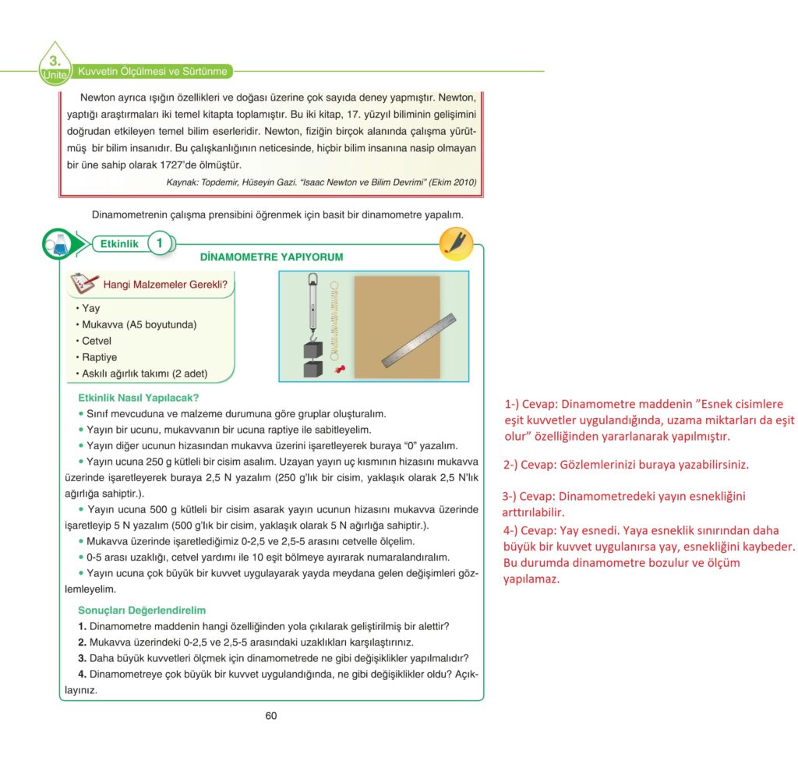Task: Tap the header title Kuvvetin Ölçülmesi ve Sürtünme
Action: (153, 72)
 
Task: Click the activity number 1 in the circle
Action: (159, 243)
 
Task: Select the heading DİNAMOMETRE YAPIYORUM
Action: (271, 257)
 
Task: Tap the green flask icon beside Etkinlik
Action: (58, 243)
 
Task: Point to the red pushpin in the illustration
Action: (339, 369)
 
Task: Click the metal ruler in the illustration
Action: (418, 340)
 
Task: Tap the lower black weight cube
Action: (312, 369)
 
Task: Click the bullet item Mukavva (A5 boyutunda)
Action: (139, 324)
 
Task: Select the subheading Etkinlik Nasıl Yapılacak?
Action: (139, 398)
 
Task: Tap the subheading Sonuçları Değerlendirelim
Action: (142, 610)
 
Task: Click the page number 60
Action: (270, 716)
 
